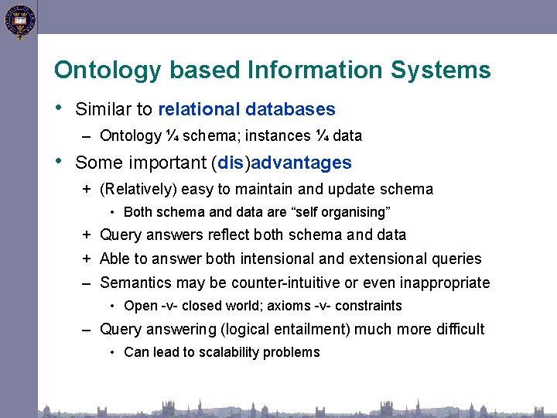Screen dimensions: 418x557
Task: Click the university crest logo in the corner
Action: (x=19, y=21)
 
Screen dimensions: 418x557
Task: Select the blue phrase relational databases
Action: (x=246, y=110)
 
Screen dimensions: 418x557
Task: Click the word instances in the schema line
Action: (x=278, y=136)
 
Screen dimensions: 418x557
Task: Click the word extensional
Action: (x=389, y=259)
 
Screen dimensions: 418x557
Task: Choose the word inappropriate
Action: (x=446, y=283)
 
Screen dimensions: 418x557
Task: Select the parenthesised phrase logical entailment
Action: (x=285, y=330)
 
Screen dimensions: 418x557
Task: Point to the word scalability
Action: (x=217, y=353)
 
